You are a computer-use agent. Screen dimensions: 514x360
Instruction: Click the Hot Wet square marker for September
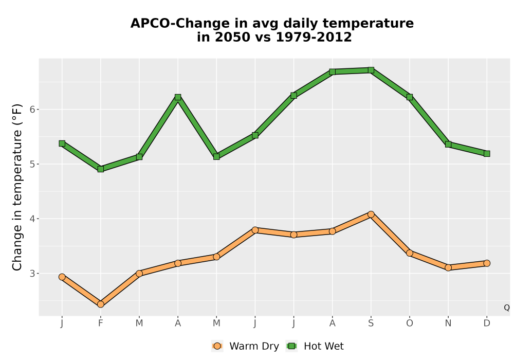pyautogui.click(x=371, y=70)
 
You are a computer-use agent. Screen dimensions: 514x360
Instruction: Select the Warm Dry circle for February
pyautogui.click(x=101, y=304)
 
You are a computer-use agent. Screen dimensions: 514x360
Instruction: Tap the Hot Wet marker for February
pyautogui.click(x=101, y=169)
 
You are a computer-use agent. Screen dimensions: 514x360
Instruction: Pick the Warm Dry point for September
pyautogui.click(x=371, y=214)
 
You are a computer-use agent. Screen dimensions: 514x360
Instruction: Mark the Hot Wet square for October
pyautogui.click(x=410, y=97)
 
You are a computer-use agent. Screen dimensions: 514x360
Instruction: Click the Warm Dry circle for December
pyautogui.click(x=487, y=263)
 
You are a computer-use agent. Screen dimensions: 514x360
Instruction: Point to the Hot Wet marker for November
pyautogui.click(x=448, y=145)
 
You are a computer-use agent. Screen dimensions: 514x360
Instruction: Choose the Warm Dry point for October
pyautogui.click(x=410, y=253)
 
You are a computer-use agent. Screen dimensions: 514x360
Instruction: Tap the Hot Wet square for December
pyautogui.click(x=487, y=154)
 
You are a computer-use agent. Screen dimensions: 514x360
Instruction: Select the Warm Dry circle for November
pyautogui.click(x=448, y=267)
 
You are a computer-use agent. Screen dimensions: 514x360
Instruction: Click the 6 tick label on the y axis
pyautogui.click(x=32, y=110)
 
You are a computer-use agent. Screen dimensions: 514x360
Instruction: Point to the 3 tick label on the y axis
pyautogui.click(x=32, y=274)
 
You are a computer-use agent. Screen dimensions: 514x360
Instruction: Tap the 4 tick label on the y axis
pyautogui.click(x=32, y=219)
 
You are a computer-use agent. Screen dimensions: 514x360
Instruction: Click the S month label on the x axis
pyautogui.click(x=371, y=323)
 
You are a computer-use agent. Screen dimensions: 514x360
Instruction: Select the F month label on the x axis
pyautogui.click(x=101, y=323)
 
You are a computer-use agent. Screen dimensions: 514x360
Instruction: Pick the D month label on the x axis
pyautogui.click(x=487, y=323)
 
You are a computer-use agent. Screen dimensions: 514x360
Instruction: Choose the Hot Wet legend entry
pyautogui.click(x=315, y=346)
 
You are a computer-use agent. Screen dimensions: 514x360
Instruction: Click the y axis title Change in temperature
pyautogui.click(x=17, y=187)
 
